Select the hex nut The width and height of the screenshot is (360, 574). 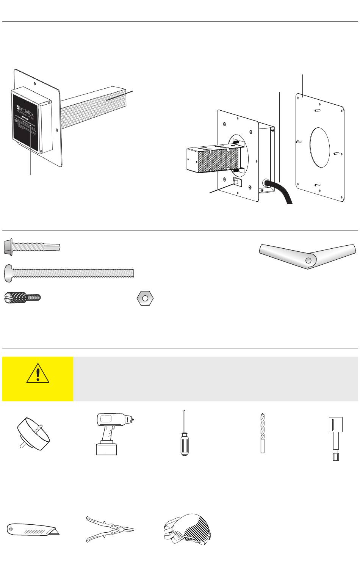point(145,298)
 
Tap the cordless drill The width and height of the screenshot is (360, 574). point(111,433)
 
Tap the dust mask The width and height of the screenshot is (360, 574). point(188,528)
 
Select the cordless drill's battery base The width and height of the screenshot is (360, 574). point(106,448)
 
